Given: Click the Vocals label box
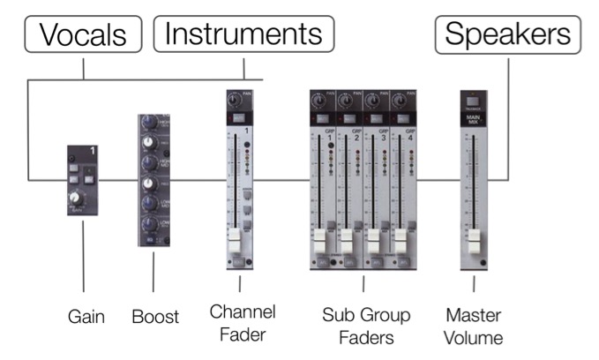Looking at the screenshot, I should point(85,34).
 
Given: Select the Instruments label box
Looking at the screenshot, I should point(244,34).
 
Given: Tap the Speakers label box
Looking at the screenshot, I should point(507,34).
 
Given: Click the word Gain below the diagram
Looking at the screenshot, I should point(86,315).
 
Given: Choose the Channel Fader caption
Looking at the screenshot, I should point(243,322).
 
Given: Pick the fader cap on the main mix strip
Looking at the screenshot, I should point(474,241).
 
